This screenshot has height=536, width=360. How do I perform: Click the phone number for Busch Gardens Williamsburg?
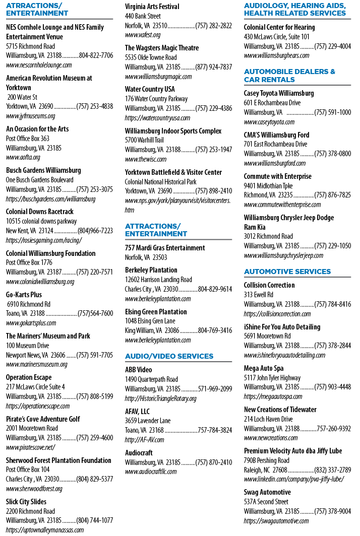94,189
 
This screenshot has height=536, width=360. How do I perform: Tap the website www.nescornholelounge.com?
39,65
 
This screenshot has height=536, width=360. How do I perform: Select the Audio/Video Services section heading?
169,356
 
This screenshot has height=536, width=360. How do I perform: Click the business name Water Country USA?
150,89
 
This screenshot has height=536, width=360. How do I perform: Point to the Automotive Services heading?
287,272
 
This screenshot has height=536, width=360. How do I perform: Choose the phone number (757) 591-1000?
333,112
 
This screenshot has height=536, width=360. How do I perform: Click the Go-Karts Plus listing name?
24,295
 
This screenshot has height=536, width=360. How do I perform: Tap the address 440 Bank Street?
143,16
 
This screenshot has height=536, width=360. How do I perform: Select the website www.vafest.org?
143,35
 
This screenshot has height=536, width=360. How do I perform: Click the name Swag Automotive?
267,492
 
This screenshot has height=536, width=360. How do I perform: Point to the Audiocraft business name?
139,453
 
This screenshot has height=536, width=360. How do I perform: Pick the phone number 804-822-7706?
96,55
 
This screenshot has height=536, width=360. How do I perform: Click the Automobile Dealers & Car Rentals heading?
289,76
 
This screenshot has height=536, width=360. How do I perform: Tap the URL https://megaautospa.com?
273,396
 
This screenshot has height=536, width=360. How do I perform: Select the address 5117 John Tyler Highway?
272,378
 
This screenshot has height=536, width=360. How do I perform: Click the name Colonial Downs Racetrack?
40,212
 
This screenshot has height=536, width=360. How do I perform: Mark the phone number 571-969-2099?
215,389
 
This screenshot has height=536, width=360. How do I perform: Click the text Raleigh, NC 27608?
266,470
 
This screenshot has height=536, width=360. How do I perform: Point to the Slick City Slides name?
26,502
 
